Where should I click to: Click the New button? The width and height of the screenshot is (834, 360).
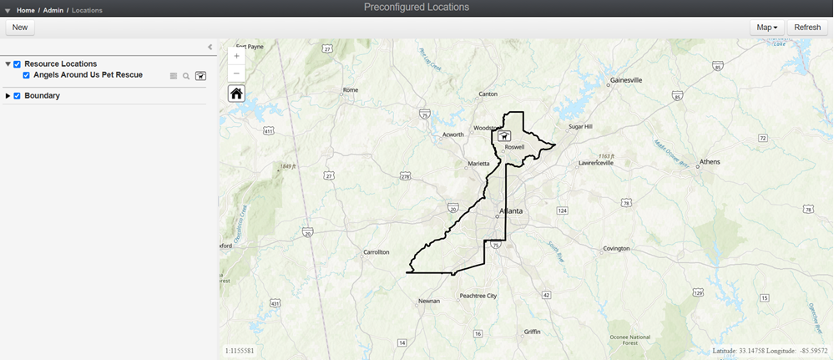click(20, 28)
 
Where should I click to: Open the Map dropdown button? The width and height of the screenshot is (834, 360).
click(766, 28)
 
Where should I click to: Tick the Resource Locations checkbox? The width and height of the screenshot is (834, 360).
click(17, 64)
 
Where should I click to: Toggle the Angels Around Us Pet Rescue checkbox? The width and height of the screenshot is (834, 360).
click(26, 75)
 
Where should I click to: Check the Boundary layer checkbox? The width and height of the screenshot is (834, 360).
click(17, 96)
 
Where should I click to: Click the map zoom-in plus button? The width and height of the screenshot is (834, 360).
click(236, 56)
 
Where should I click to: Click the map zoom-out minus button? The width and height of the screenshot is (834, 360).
click(236, 73)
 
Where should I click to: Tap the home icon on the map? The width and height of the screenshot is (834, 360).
click(236, 93)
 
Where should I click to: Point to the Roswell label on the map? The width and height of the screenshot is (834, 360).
click(514, 147)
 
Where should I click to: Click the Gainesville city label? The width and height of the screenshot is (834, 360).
click(626, 81)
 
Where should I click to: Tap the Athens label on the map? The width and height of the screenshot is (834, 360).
click(710, 161)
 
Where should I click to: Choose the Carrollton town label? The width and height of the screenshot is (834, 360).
click(377, 251)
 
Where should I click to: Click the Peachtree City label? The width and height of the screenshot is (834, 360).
click(478, 296)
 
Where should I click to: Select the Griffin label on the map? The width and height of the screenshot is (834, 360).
click(532, 332)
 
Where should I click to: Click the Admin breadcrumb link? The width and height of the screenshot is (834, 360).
click(53, 9)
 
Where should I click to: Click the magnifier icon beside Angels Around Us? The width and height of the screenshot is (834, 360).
click(186, 76)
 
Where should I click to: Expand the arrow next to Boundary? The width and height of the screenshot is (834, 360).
click(8, 96)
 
